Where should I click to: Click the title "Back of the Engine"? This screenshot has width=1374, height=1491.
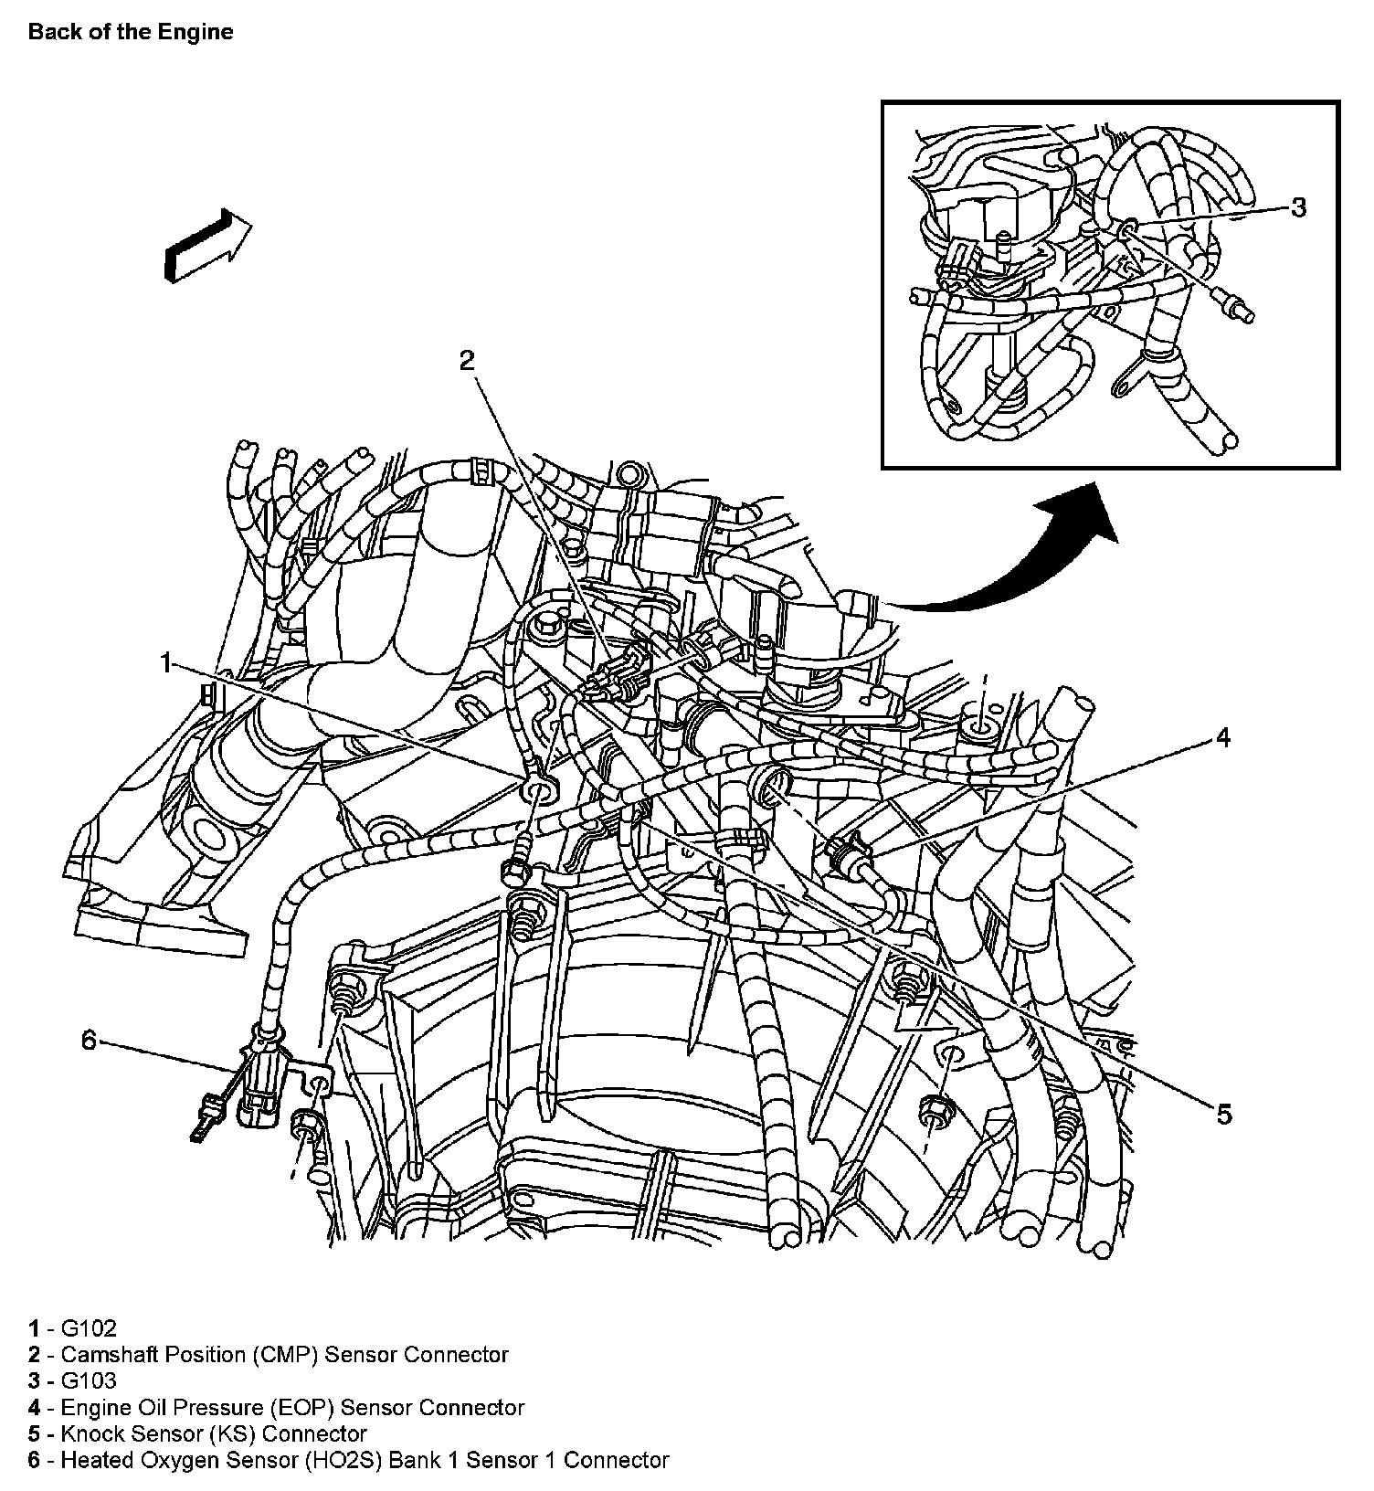coord(130,32)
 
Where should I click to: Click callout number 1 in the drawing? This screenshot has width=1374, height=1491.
coord(166,662)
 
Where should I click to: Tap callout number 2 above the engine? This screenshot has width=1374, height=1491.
coord(467,361)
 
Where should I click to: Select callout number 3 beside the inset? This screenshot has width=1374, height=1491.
coord(1297,207)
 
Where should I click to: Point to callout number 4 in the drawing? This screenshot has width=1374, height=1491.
coord(1222,736)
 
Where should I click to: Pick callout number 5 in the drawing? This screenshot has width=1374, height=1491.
coord(1223,1113)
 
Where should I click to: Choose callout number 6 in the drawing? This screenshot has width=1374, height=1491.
coord(89,1040)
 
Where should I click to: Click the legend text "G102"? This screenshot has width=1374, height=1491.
coord(89,1328)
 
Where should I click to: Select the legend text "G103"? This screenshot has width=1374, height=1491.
coord(89,1380)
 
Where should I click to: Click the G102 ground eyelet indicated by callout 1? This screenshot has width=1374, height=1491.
coord(538,788)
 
